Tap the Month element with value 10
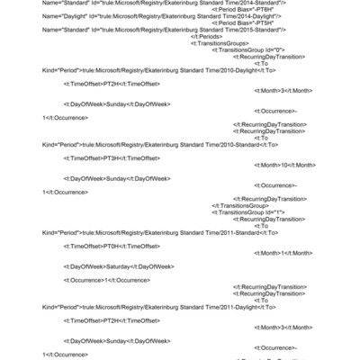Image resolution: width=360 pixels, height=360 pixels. (285, 165)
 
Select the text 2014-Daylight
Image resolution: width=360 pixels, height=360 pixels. (261, 15)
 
